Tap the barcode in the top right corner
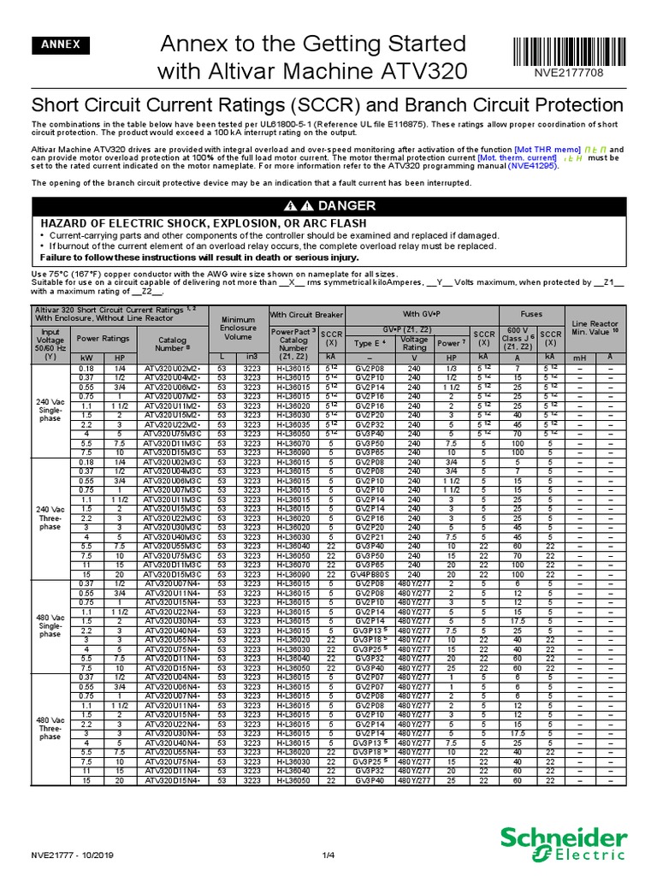(581, 48)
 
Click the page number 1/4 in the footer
(328, 853)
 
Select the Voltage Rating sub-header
(414, 343)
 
